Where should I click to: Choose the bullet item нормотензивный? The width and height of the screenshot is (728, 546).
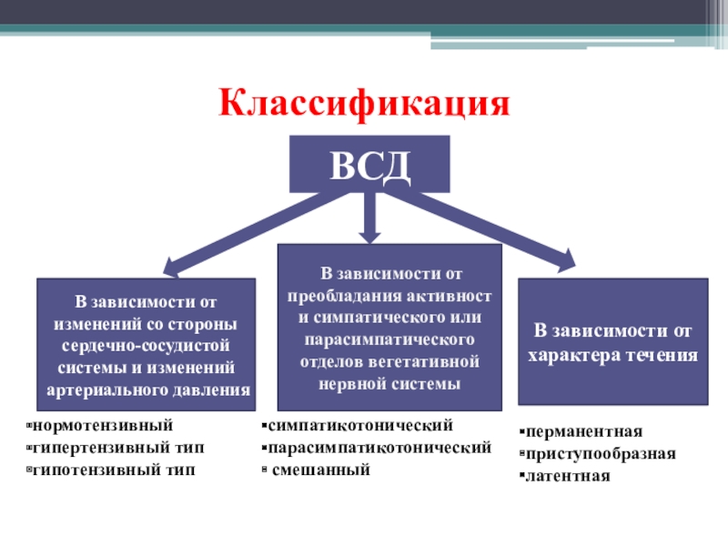102,425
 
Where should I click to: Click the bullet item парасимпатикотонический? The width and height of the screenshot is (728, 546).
379,448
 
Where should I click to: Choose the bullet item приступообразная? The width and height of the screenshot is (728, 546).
600,453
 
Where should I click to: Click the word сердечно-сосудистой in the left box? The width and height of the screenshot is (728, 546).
147,346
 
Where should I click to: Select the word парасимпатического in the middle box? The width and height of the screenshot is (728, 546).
389,339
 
